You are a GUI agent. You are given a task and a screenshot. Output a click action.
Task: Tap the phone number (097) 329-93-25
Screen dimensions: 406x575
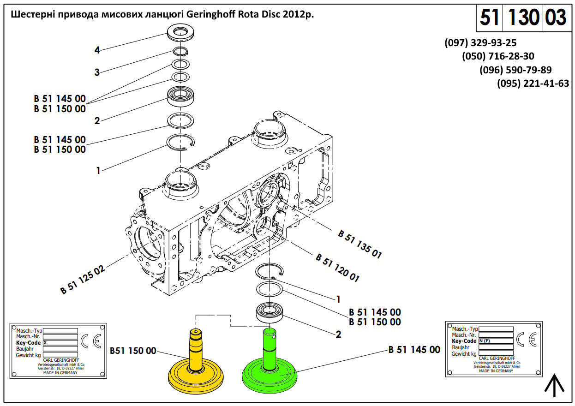click(x=480, y=43)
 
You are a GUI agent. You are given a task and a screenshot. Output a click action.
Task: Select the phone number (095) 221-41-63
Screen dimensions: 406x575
click(x=533, y=84)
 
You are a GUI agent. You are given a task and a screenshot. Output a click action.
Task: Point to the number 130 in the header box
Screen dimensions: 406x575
click(x=524, y=18)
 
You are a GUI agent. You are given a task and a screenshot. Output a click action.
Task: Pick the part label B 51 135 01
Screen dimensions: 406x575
click(x=359, y=244)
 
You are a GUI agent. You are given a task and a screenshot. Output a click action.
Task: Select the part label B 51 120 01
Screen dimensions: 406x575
click(x=337, y=268)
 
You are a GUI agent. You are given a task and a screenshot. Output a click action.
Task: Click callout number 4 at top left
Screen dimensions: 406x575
click(x=97, y=50)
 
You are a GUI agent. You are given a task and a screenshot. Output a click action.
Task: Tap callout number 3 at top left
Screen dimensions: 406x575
click(x=97, y=72)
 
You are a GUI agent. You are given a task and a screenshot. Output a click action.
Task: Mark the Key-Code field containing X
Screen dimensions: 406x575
click(x=60, y=343)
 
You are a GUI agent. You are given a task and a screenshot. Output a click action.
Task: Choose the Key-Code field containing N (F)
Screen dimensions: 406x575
click(x=496, y=341)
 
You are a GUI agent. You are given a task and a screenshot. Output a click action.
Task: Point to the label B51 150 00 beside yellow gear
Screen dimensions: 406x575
click(x=133, y=351)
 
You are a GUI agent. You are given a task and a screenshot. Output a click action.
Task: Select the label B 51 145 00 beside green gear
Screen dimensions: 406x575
click(x=414, y=350)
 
